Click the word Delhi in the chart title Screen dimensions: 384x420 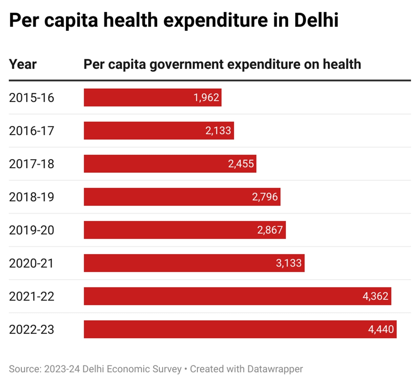click(316, 20)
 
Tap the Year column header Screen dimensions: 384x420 click(23, 64)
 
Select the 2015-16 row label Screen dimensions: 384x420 click(31, 98)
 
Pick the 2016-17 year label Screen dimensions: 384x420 click(31, 131)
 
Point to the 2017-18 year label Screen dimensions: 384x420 click(31, 164)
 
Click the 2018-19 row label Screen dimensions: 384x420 click(31, 197)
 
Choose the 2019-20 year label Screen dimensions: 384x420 click(31, 230)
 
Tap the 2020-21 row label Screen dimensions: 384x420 click(31, 263)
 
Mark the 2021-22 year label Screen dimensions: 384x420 click(31, 296)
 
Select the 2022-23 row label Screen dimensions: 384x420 click(31, 330)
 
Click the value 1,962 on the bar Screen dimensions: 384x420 click(206, 98)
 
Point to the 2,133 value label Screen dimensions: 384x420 click(218, 131)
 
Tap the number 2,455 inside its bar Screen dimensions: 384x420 click(241, 164)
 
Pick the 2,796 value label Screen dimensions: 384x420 click(265, 197)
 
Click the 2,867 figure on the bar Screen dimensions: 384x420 click(270, 230)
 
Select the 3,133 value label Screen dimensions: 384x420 click(289, 263)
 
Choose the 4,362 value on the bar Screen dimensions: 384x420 click(375, 296)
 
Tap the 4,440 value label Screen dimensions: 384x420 click(381, 330)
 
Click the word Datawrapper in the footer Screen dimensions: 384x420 click(275, 369)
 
